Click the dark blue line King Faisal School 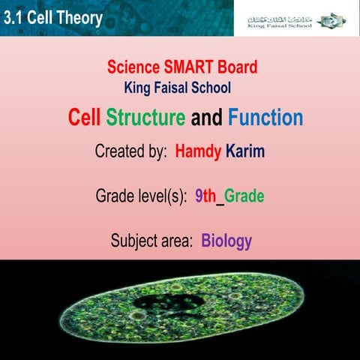pyautogui.click(x=182, y=88)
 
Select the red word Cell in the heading pyautogui.click(x=85, y=118)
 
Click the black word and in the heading pyautogui.click(x=207, y=118)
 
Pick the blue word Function pyautogui.click(x=265, y=118)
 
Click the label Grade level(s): pyautogui.click(x=140, y=196)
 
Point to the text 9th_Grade pyautogui.click(x=229, y=196)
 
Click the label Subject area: pyautogui.click(x=152, y=241)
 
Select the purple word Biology pyautogui.click(x=226, y=241)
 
